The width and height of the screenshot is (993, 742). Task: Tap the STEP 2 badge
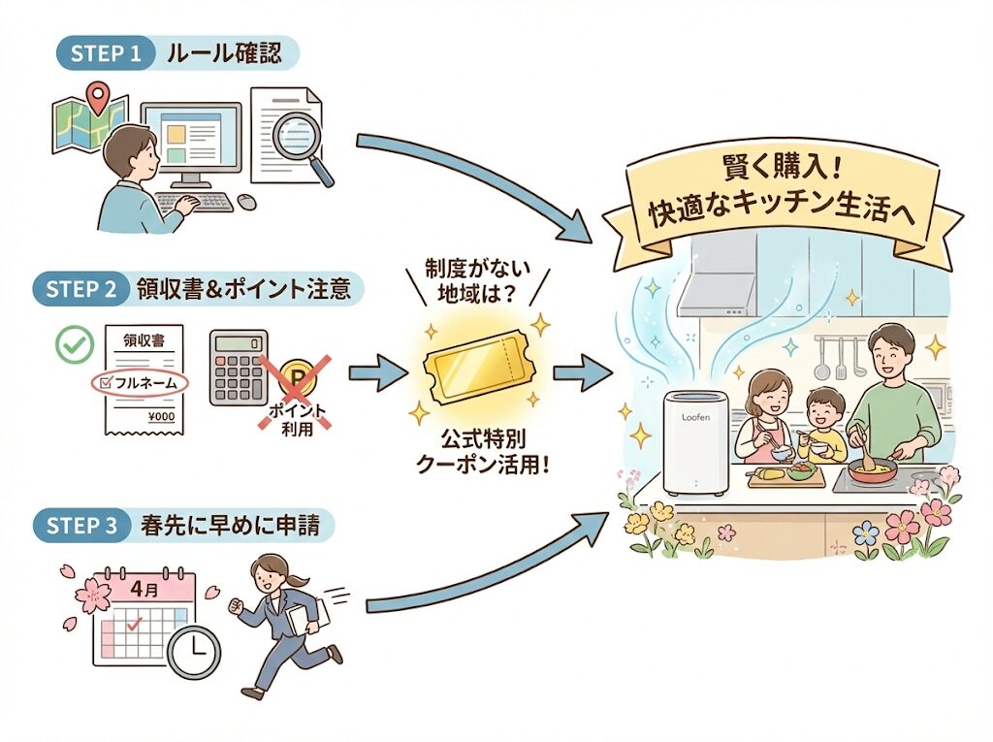click(85, 288)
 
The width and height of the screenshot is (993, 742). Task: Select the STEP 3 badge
click(85, 525)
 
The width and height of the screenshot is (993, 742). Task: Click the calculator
click(239, 369)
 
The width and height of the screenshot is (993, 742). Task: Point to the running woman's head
click(271, 570)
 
